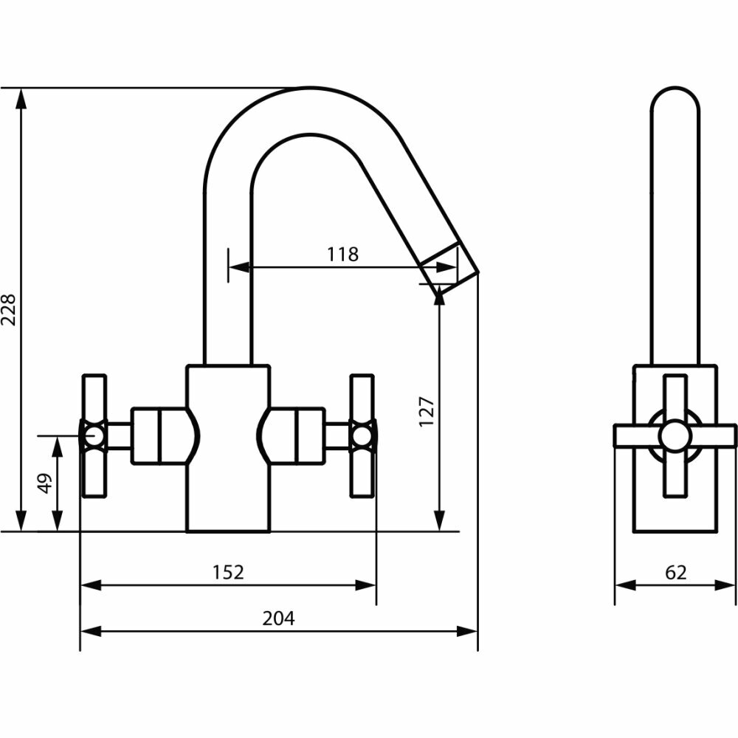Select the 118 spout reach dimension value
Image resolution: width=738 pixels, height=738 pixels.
[x=342, y=255]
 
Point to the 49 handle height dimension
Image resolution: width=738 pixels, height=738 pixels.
[x=44, y=483]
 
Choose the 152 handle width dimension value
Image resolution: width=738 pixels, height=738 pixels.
[x=228, y=572]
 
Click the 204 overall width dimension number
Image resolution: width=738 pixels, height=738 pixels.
[x=278, y=618]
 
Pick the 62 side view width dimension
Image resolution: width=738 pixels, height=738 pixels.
[x=675, y=572]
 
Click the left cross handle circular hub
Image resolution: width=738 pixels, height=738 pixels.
[x=93, y=436]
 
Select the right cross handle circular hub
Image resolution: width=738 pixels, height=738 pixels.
[x=361, y=436]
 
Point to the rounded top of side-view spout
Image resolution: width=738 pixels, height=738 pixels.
[x=675, y=96]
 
